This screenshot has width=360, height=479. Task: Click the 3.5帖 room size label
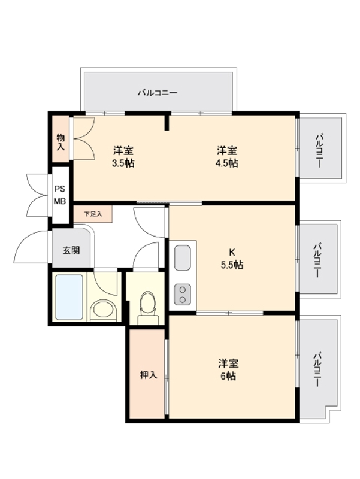point(122,157)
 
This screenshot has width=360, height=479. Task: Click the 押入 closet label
point(148,375)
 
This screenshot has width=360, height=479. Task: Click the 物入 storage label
point(60,142)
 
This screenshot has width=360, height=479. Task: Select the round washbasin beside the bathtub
point(105,310)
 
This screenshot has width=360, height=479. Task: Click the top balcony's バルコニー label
point(157,93)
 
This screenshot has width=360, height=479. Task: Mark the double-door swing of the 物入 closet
point(84,138)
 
